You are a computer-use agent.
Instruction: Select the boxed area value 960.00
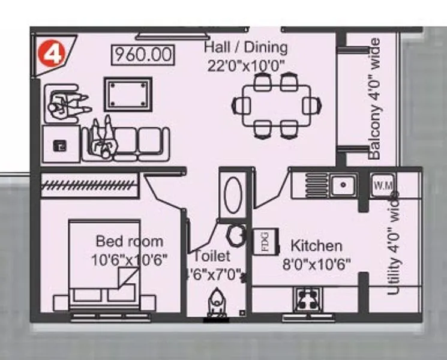click(x=143, y=55)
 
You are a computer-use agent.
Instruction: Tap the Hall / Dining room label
click(x=245, y=47)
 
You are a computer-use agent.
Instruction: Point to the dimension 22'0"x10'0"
click(x=245, y=65)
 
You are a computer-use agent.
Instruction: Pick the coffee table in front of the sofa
click(x=128, y=94)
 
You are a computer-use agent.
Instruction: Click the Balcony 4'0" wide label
click(x=374, y=99)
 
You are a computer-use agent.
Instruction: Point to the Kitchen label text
click(x=316, y=245)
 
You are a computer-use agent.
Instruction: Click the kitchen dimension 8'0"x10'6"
click(x=316, y=263)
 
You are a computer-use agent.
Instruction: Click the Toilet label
click(x=211, y=256)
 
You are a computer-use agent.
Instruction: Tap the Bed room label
click(x=129, y=241)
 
